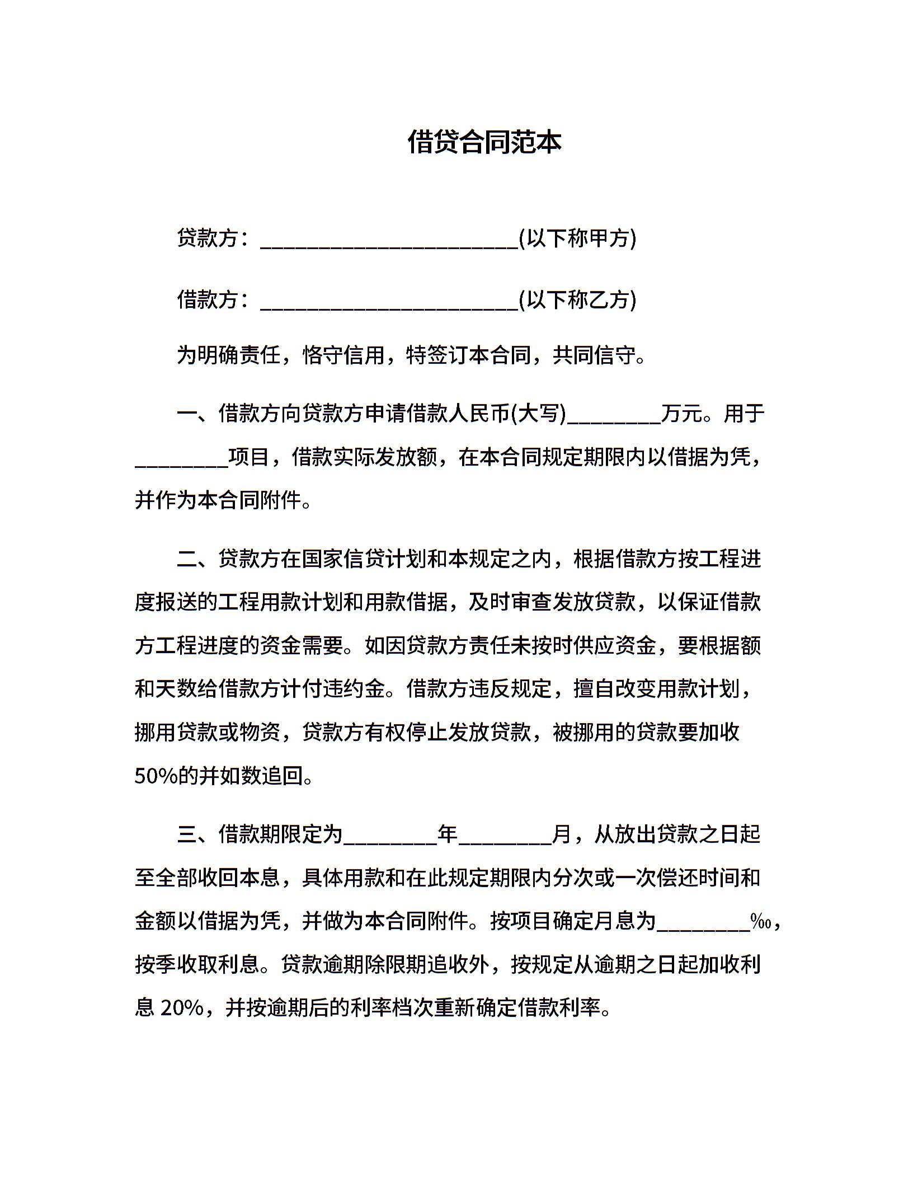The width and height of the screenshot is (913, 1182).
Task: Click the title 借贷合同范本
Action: [x=484, y=142]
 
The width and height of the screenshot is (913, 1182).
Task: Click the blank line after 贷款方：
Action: [x=389, y=241]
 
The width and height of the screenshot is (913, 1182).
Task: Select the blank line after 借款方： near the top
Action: [x=389, y=302]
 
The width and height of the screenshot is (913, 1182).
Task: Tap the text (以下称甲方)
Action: [x=577, y=238]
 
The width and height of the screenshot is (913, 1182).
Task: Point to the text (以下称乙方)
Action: [x=577, y=300]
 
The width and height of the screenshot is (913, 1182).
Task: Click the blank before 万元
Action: [x=614, y=416]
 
